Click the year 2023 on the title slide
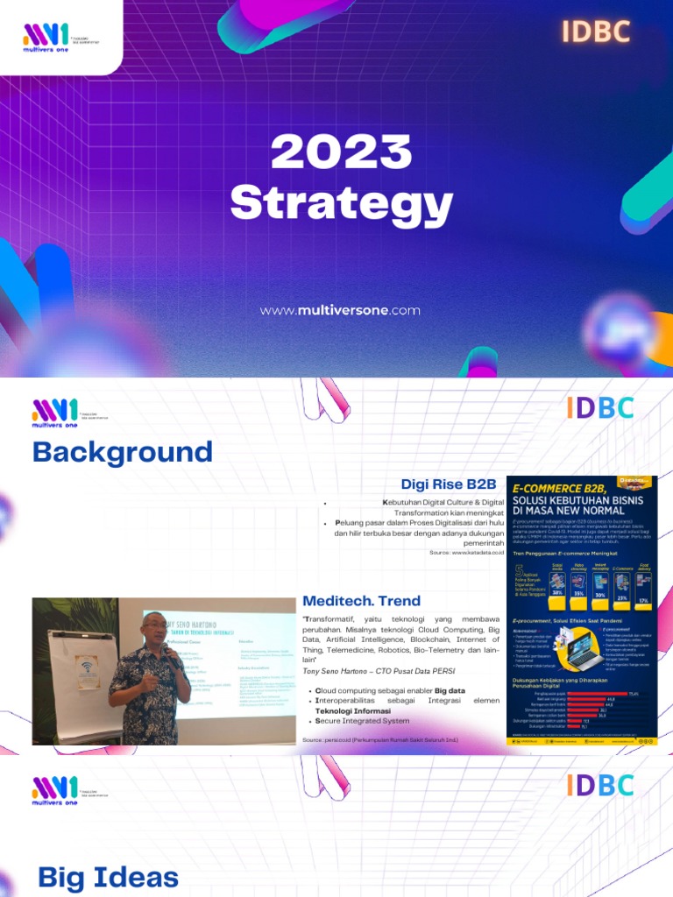coord(341,152)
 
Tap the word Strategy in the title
coord(341,203)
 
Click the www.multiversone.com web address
coord(340,310)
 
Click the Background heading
coord(122,452)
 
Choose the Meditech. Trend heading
coord(361,601)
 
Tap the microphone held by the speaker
coord(173,660)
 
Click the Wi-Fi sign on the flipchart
coord(87,671)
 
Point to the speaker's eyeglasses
coord(155,629)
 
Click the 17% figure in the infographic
coord(644,599)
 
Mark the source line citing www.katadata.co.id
coord(467,553)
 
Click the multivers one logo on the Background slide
coord(54,411)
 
